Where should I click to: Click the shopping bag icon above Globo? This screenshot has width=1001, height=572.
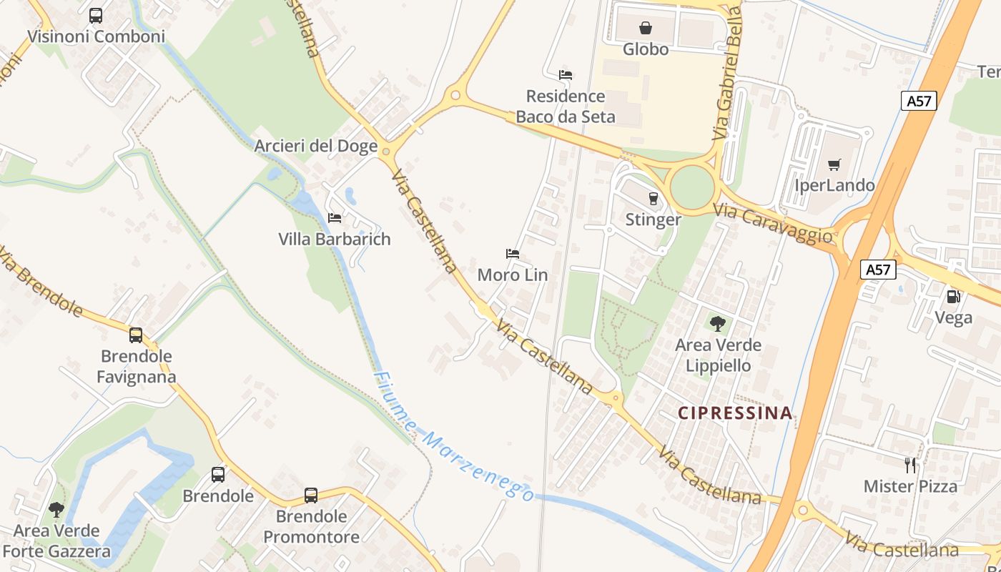pyautogui.click(x=646, y=28)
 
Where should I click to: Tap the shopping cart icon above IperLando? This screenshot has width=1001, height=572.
pyautogui.click(x=834, y=165)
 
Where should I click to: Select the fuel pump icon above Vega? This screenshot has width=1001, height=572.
pyautogui.click(x=953, y=296)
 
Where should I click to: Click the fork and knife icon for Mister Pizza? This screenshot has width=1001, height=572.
pyautogui.click(x=910, y=465)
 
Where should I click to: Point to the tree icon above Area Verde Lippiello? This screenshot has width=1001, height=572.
pyautogui.click(x=718, y=324)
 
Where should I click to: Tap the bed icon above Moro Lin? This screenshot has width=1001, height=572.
pyautogui.click(x=513, y=254)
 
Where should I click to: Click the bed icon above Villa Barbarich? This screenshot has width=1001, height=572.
pyautogui.click(x=335, y=217)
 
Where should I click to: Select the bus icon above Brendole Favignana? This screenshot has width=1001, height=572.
pyautogui.click(x=136, y=335)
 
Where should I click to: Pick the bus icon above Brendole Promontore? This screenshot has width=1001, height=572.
pyautogui.click(x=311, y=495)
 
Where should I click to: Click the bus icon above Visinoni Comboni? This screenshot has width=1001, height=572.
pyautogui.click(x=96, y=15)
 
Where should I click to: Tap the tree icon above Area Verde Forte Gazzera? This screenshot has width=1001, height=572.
pyautogui.click(x=56, y=510)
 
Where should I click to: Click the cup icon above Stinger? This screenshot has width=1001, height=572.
pyautogui.click(x=652, y=198)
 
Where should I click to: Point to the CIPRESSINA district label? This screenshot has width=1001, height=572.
pyautogui.click(x=735, y=413)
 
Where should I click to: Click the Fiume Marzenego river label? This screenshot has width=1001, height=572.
pyautogui.click(x=453, y=438)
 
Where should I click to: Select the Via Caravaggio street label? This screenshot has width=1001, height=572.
pyautogui.click(x=774, y=223)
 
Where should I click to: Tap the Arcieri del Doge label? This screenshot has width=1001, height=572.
pyautogui.click(x=316, y=147)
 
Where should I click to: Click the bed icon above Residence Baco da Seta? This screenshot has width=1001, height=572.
pyautogui.click(x=566, y=75)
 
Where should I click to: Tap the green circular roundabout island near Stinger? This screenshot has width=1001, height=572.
pyautogui.click(x=692, y=186)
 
